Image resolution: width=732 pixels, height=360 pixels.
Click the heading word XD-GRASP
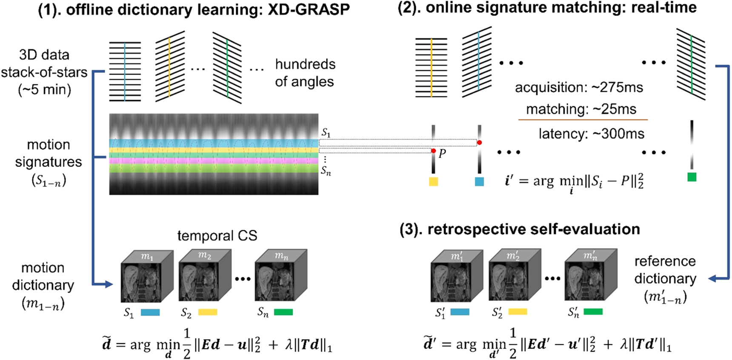[309, 9]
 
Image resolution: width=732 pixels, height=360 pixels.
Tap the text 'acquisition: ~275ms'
[579, 88]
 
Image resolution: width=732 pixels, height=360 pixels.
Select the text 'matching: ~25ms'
[581, 109]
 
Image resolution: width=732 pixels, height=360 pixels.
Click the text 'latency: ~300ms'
[591, 134]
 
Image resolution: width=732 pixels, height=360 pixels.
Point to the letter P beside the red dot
[442, 154]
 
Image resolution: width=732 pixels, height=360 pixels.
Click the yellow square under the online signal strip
[433, 182]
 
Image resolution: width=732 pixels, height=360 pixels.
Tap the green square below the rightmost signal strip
[692, 177]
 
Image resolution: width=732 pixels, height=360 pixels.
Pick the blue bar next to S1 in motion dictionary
[150, 312]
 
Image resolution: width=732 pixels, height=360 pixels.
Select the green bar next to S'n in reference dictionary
[593, 312]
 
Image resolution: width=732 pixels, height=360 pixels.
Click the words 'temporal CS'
[217, 236]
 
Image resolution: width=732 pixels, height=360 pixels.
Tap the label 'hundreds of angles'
[305, 73]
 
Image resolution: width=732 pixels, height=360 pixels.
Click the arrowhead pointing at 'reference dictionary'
[712, 279]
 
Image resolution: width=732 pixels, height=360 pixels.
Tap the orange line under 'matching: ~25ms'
[583, 120]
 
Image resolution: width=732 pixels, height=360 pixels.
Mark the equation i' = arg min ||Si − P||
[575, 182]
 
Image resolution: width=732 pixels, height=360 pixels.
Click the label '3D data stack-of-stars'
[44, 64]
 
